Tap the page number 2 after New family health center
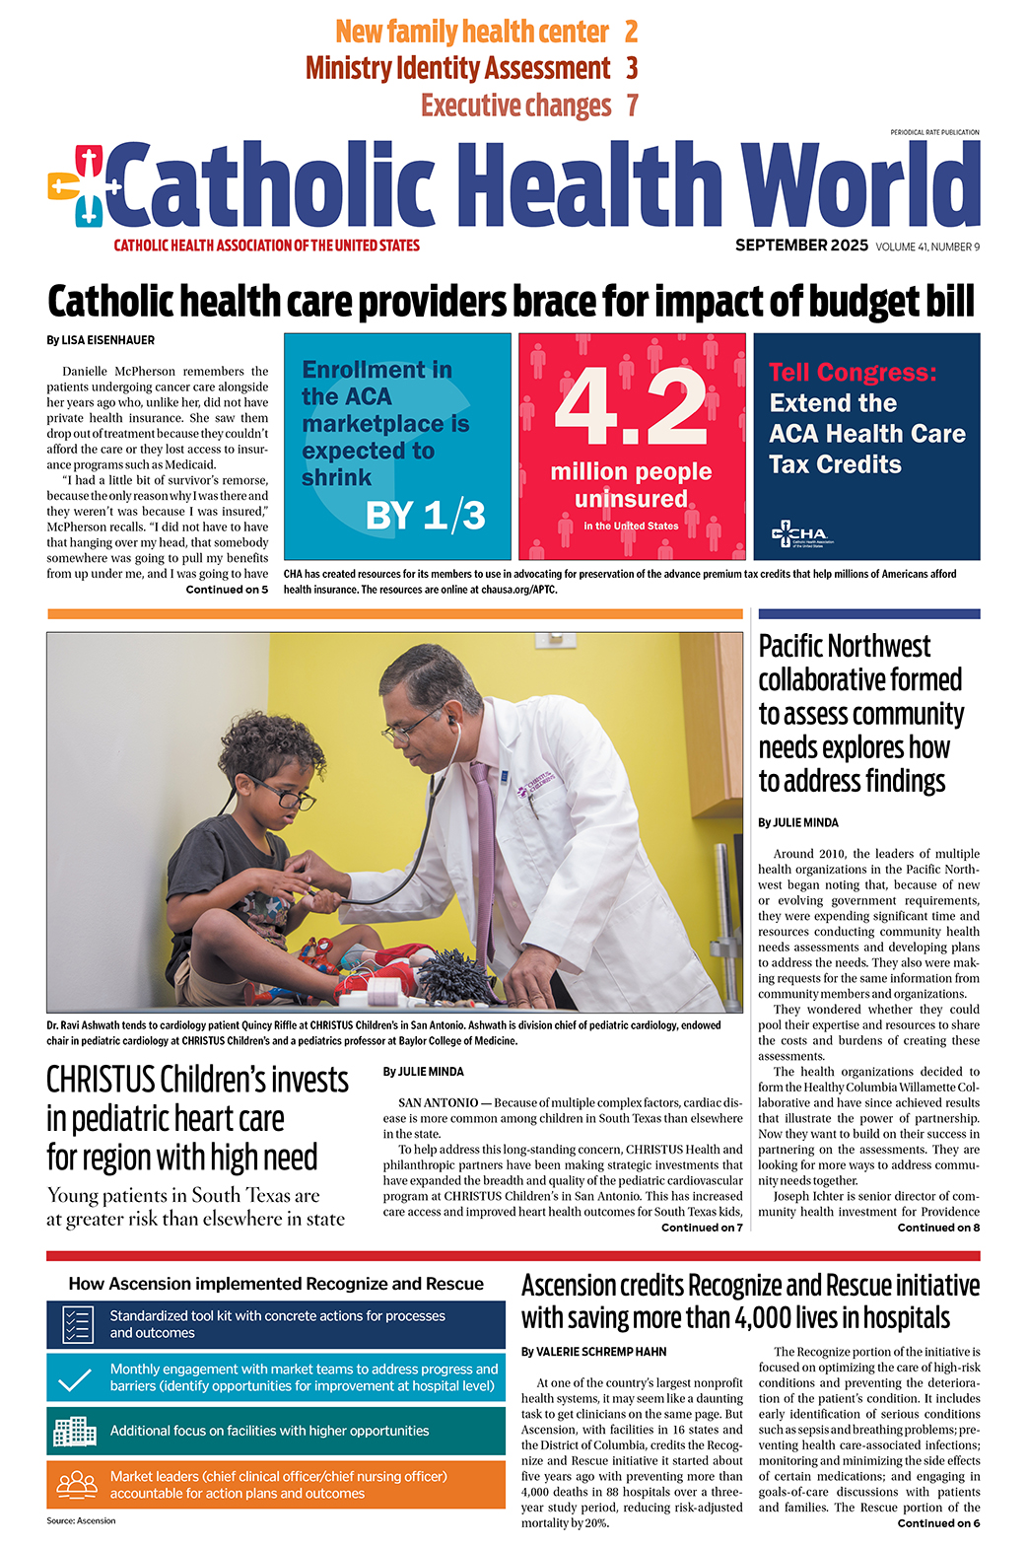pos(631,32)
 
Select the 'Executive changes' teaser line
pos(515,105)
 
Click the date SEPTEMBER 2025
pos(801,246)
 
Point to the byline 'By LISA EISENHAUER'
pos(101,340)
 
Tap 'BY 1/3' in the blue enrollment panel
pos(425,516)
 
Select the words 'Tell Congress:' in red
pos(853,373)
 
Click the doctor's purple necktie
pos(483,838)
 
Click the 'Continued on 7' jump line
pos(702,1228)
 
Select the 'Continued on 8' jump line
pos(938,1228)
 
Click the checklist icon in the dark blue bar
pos(77,1324)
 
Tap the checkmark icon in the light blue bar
pos(76,1378)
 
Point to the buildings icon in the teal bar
pos(76,1431)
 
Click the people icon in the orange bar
pos(77,1484)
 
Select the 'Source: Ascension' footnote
pos(81,1520)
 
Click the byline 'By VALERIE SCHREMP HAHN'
pos(593,1352)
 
